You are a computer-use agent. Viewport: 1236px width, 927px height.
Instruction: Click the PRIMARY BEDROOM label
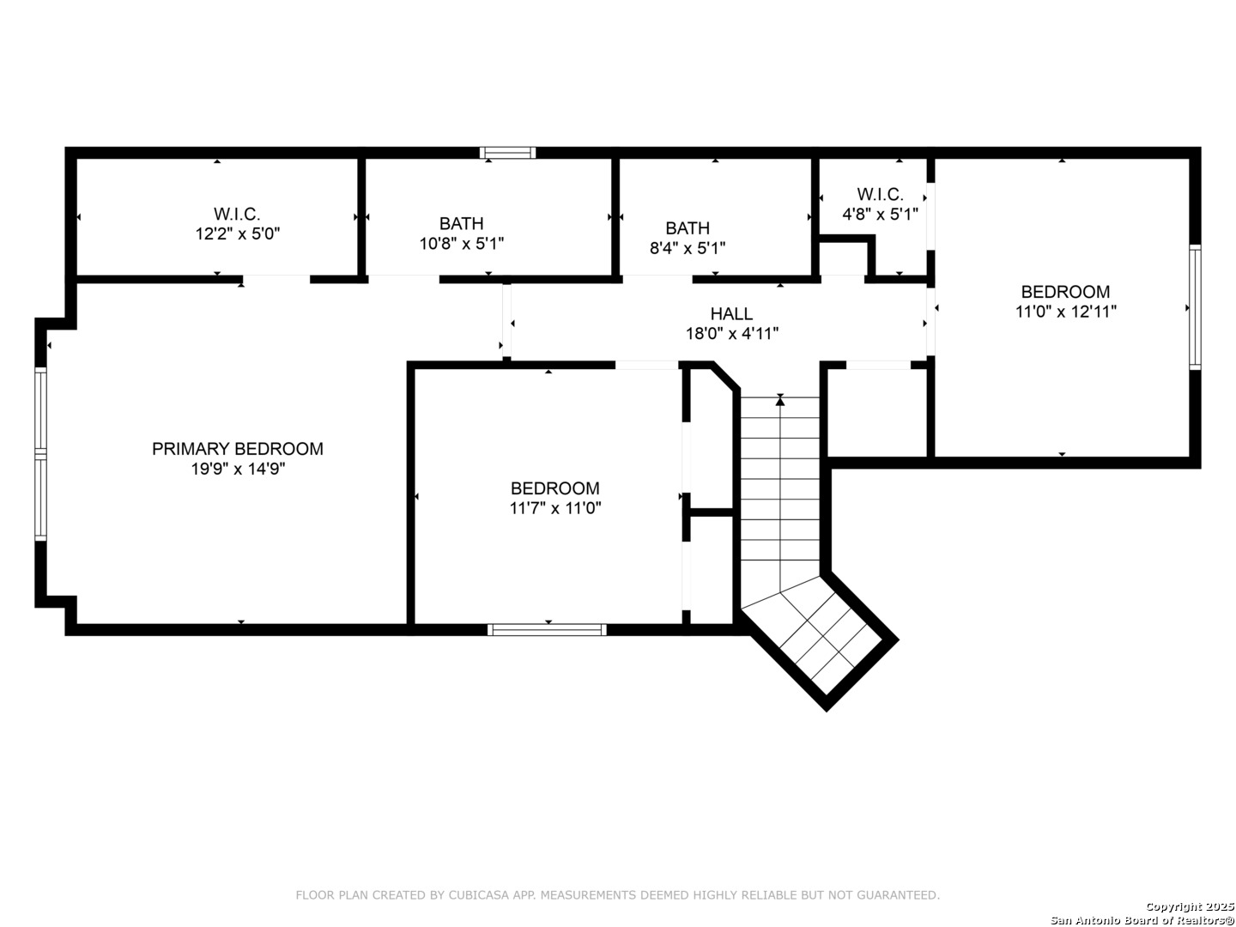tap(237, 449)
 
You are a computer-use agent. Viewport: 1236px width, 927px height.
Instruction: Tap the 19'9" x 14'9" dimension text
tap(238, 469)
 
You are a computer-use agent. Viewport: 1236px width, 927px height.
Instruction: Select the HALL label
tap(731, 313)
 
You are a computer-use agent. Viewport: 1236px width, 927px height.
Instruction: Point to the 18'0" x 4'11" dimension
tap(731, 334)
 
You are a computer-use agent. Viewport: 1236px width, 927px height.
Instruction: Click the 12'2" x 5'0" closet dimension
tap(237, 233)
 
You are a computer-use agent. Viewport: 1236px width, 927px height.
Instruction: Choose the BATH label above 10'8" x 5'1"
tap(461, 223)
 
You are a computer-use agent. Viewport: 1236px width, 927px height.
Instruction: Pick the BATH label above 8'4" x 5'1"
tap(687, 228)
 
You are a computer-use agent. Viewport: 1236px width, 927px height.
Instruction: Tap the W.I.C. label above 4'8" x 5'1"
tap(880, 194)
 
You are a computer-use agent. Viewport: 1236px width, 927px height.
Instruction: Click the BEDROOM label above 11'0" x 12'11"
tap(1065, 292)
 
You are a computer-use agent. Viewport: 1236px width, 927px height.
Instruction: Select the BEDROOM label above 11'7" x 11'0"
tap(554, 488)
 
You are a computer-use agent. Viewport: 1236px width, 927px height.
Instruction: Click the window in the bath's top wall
tap(506, 153)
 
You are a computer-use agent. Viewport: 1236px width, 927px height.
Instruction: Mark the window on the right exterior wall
tap(1194, 307)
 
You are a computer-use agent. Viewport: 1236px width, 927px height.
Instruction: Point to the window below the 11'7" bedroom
tap(546, 630)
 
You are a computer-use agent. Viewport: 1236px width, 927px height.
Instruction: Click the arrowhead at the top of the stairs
tap(779, 401)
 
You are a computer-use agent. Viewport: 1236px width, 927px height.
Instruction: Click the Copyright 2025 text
tap(1190, 906)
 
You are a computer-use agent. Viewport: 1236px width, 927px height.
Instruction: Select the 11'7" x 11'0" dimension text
tap(554, 508)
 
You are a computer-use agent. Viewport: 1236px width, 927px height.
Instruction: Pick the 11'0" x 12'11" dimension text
tap(1065, 312)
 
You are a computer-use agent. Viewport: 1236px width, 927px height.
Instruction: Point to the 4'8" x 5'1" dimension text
tap(880, 214)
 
